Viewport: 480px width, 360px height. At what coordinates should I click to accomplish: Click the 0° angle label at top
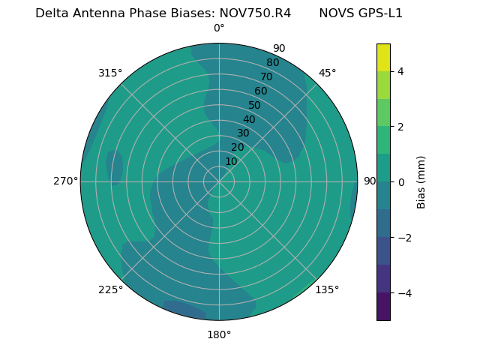pos(219,28)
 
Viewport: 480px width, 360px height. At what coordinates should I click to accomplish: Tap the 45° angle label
pos(327,73)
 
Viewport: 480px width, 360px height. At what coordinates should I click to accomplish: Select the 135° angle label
pos(327,289)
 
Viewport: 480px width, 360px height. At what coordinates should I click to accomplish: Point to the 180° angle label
pos(219,334)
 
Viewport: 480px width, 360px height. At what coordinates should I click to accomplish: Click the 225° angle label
pos(110,289)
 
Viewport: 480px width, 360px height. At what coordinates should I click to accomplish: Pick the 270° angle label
pos(65,181)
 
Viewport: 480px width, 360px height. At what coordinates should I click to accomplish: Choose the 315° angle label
pos(110,73)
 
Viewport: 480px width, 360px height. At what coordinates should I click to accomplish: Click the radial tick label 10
pos(231,161)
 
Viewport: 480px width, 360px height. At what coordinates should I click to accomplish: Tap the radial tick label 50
pos(255,105)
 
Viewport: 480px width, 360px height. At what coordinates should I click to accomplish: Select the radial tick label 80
pos(272,63)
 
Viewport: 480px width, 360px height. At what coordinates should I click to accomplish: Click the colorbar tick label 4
pos(400,71)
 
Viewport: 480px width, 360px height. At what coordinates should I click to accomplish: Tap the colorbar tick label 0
pos(400,182)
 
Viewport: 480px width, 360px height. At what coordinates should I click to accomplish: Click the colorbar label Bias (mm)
pos(421,182)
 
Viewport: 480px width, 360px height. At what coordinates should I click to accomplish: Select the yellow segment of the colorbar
pos(383,58)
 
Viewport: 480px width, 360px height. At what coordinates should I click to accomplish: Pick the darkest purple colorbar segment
pos(383,307)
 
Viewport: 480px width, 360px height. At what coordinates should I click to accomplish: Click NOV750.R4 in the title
pos(255,13)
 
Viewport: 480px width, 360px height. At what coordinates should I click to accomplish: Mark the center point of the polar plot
pos(219,181)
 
